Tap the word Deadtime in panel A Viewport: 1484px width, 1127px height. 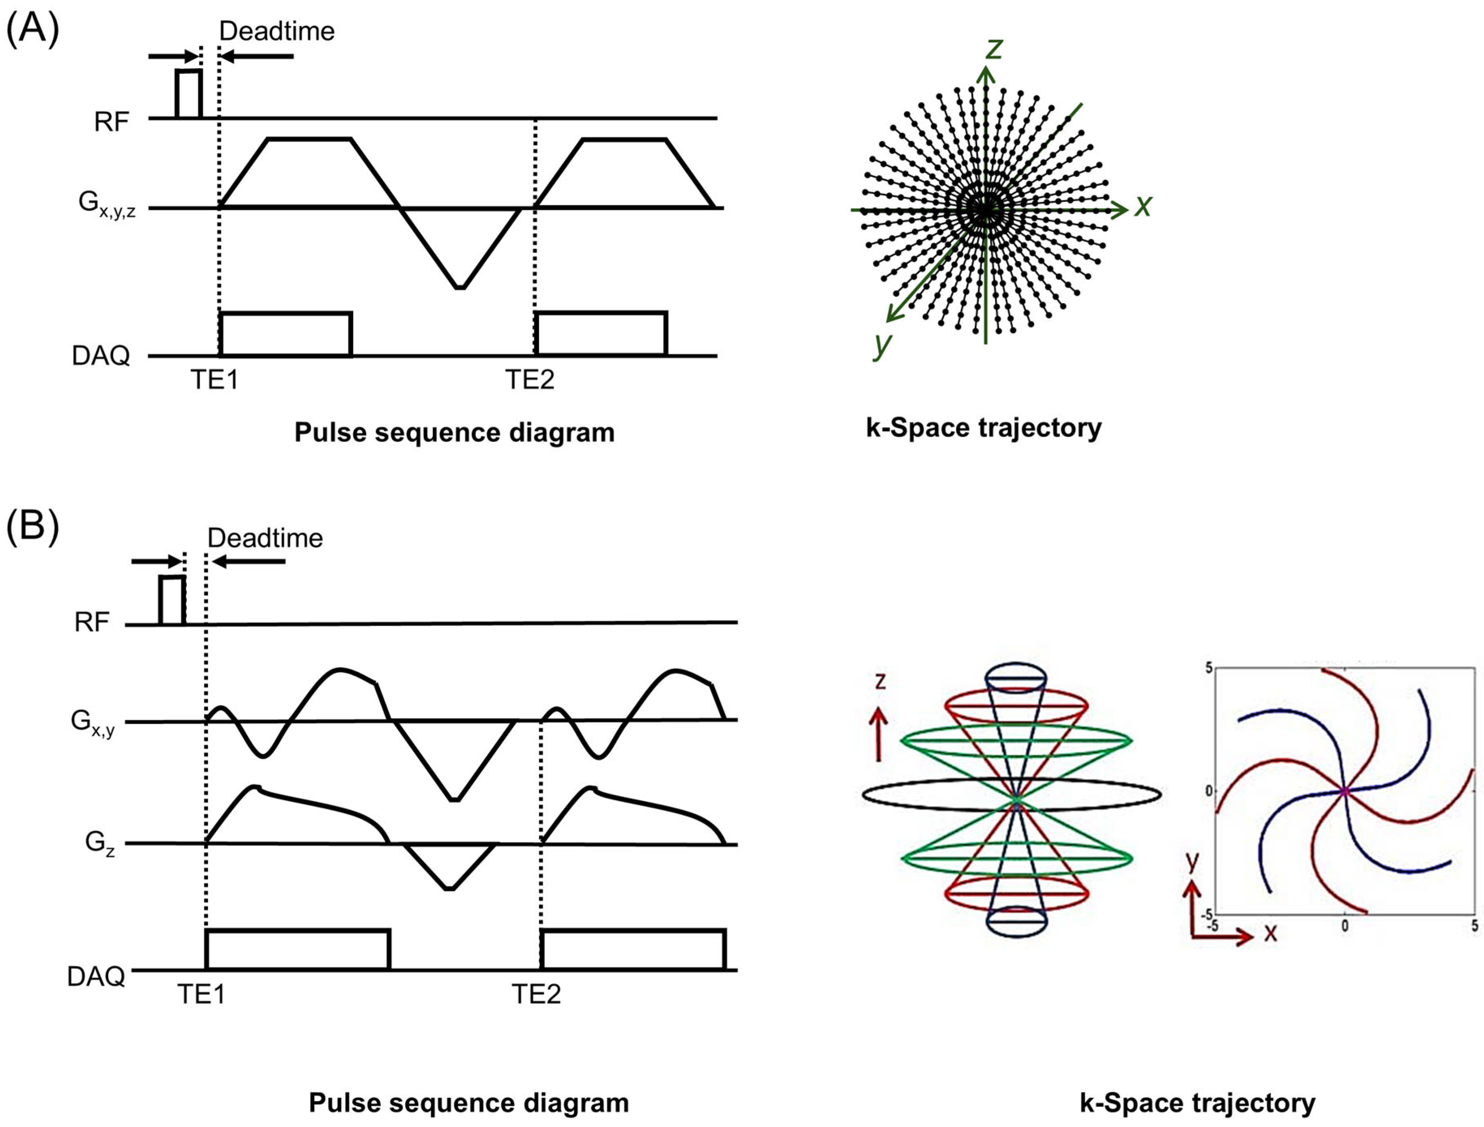pos(277,31)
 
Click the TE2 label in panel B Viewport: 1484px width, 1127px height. pos(536,994)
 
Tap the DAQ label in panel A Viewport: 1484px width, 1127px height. pos(101,356)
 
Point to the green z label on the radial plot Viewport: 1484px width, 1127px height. pos(994,48)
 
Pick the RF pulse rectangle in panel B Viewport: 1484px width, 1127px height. pos(172,600)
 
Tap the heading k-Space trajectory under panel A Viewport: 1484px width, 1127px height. pos(984,428)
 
